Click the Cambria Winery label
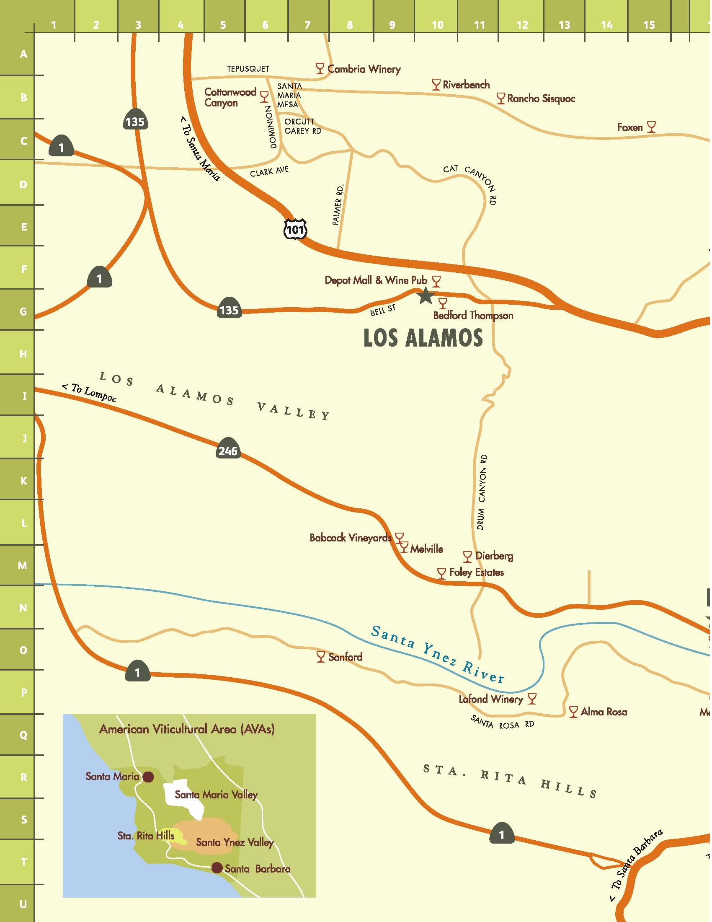coord(364,69)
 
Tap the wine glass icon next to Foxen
coord(651,126)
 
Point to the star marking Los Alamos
coord(426,296)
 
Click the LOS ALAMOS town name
coord(423,338)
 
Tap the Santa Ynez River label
coord(437,655)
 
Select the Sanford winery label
coord(345,657)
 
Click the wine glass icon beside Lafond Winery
coord(532,699)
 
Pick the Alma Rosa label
coord(603,712)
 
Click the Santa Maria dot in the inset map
coord(148,777)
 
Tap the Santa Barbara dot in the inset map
coord(217,868)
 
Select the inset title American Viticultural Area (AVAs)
coord(187,729)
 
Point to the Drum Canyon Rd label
coord(481,492)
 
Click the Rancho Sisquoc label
coord(541,99)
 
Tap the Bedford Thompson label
coord(473,315)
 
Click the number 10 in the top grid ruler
coord(437,25)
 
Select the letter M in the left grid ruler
coord(23,565)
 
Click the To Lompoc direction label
coord(90,392)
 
